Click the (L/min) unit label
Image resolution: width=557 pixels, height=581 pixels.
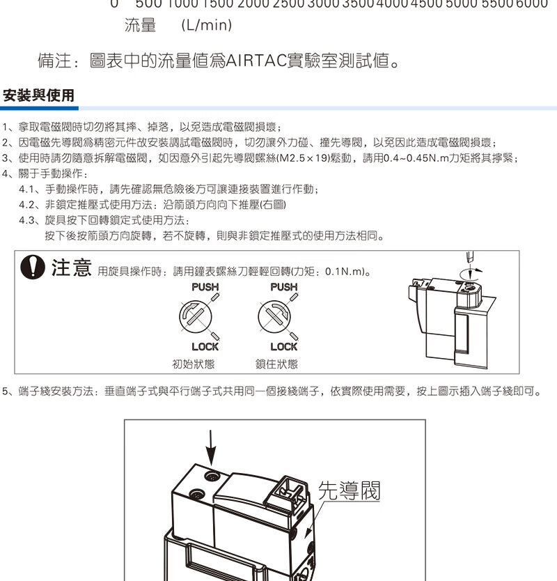[x=207, y=25]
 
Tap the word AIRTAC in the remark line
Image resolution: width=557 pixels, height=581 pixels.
[x=256, y=61]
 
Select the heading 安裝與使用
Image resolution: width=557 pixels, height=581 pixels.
[x=38, y=95]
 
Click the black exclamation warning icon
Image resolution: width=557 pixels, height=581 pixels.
[x=33, y=267]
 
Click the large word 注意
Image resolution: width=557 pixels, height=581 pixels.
[x=72, y=267]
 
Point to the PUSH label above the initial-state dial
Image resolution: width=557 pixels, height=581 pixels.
[x=205, y=287]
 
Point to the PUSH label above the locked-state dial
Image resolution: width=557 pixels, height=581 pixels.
[x=284, y=287]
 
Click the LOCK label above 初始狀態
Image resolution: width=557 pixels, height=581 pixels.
[x=205, y=347]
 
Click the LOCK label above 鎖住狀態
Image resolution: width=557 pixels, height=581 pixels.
[x=284, y=347]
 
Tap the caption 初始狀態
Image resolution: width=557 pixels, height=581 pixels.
[x=194, y=364]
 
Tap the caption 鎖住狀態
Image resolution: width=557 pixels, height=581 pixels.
[x=276, y=364]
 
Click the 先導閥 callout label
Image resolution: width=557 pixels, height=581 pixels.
[x=350, y=490]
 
